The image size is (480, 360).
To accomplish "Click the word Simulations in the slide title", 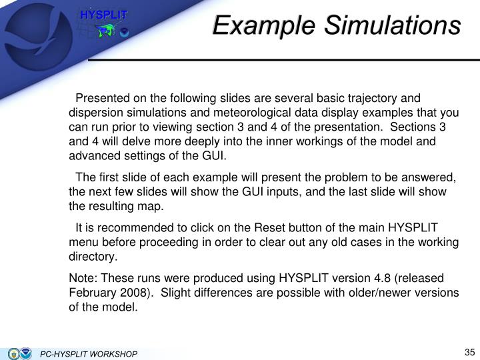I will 393,26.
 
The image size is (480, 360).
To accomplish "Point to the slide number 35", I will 467,353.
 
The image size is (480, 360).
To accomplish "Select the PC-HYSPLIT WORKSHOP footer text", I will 89,353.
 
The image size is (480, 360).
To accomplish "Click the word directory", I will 93,256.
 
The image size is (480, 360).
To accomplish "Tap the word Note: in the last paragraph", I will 85,277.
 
